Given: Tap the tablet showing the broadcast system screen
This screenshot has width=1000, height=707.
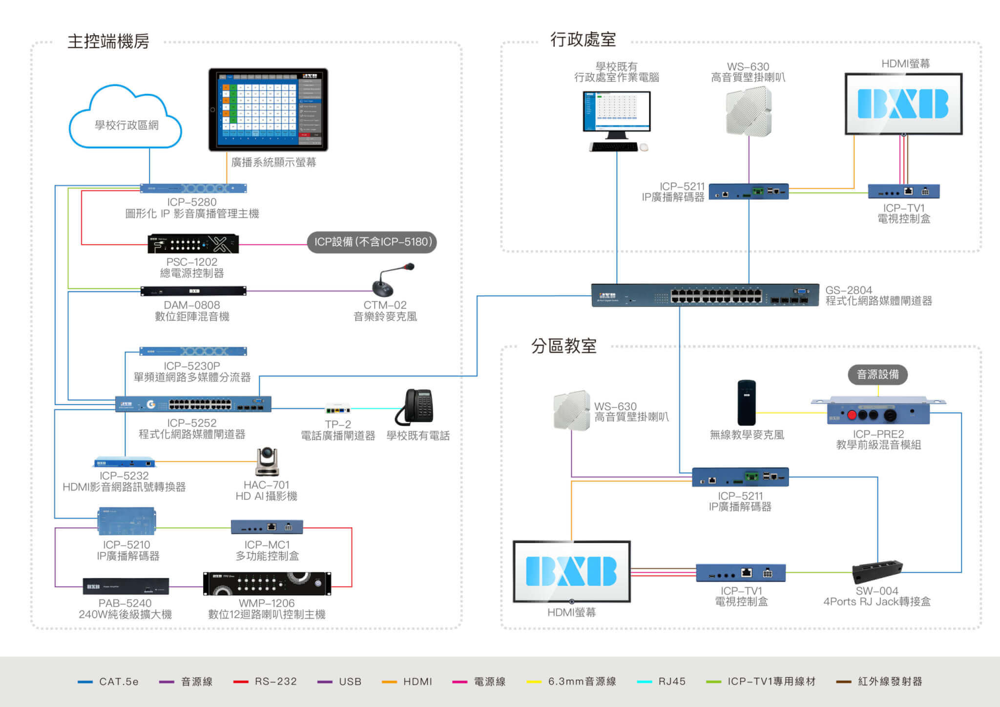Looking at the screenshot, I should pyautogui.click(x=268, y=109).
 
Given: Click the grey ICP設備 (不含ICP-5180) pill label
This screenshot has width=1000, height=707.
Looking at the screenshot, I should pyautogui.click(x=372, y=242).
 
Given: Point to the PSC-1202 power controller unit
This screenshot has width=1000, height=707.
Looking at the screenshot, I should pyautogui.click(x=193, y=244).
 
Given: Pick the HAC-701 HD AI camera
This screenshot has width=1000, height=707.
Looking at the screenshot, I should pyautogui.click(x=267, y=461).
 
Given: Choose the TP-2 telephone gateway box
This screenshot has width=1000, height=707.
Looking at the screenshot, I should pyautogui.click(x=338, y=409).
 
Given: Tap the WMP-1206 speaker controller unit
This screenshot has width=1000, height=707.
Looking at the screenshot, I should pyautogui.click(x=267, y=583).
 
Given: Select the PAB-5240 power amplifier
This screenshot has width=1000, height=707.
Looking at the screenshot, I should pyautogui.click(x=126, y=586).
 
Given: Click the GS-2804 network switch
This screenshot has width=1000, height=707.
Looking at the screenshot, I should pyautogui.click(x=705, y=295).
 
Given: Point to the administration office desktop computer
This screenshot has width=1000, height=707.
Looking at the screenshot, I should pyautogui.click(x=617, y=120).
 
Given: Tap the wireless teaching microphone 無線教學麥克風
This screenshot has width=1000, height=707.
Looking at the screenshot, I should pyautogui.click(x=746, y=403).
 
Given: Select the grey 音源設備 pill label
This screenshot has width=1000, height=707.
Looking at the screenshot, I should pyautogui.click(x=878, y=374).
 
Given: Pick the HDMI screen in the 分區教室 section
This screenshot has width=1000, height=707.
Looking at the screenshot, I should pyautogui.click(x=571, y=571).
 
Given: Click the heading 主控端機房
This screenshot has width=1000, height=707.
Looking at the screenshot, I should pyautogui.click(x=108, y=42).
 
